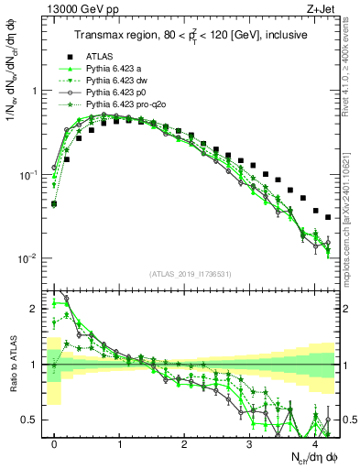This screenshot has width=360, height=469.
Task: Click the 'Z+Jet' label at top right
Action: click(x=320, y=10)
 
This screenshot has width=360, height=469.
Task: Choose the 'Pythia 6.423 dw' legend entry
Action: click(x=115, y=82)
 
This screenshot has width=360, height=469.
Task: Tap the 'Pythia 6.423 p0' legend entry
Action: click(x=115, y=93)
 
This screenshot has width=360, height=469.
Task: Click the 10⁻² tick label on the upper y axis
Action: click(x=28, y=258)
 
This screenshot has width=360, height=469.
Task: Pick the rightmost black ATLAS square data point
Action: click(x=328, y=217)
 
